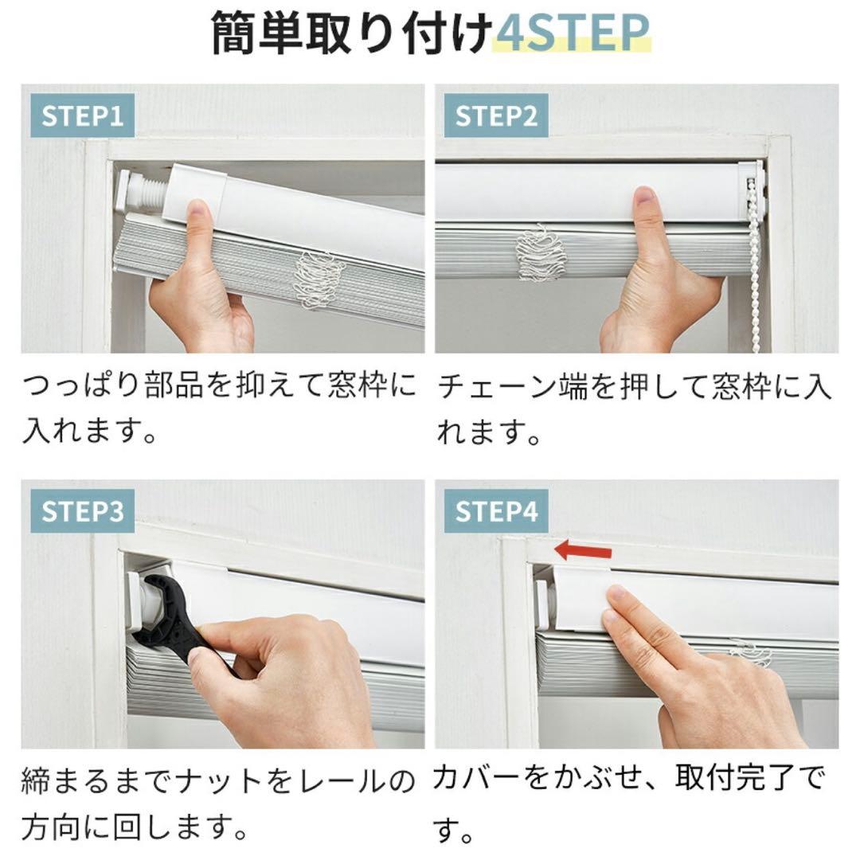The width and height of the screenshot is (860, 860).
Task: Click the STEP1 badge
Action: [82, 116]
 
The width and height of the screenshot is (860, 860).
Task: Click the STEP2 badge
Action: [496, 116]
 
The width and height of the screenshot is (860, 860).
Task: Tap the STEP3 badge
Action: [82, 511]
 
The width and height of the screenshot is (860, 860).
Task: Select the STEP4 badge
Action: [496, 511]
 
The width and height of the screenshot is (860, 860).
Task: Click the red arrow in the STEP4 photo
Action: [583, 550]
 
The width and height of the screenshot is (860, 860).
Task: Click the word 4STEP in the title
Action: [571, 33]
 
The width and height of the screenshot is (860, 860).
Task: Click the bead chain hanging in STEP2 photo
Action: [753, 263]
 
